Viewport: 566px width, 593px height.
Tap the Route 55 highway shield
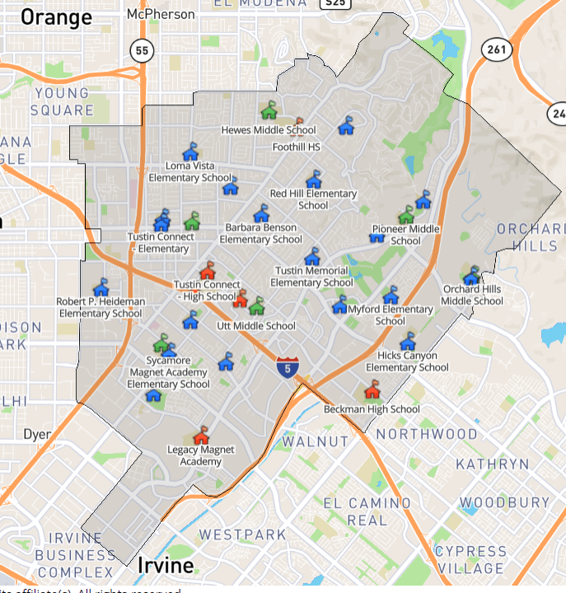pos(143,51)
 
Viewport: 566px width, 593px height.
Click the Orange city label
pos(56,17)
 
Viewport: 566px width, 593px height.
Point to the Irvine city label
pos(166,566)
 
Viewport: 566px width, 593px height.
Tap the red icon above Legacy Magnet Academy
pos(200,434)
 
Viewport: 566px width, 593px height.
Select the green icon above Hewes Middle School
pos(269,110)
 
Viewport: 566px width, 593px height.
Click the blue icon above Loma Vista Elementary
pos(190,152)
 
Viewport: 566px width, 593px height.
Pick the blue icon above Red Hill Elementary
pos(313,179)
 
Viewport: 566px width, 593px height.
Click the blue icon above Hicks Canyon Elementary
pos(408,341)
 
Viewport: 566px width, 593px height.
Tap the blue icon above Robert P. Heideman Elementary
pos(101,287)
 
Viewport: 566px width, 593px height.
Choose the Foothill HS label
pos(297,147)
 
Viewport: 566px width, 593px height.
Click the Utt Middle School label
pos(255,326)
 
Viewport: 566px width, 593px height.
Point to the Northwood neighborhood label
pos(427,434)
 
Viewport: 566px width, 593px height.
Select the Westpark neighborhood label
pos(243,535)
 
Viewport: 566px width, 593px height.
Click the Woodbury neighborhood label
pos(504,502)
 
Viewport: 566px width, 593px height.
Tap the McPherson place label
pos(161,15)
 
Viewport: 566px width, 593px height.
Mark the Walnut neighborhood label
pos(316,441)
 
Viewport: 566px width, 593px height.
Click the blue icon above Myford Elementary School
pos(339,306)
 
